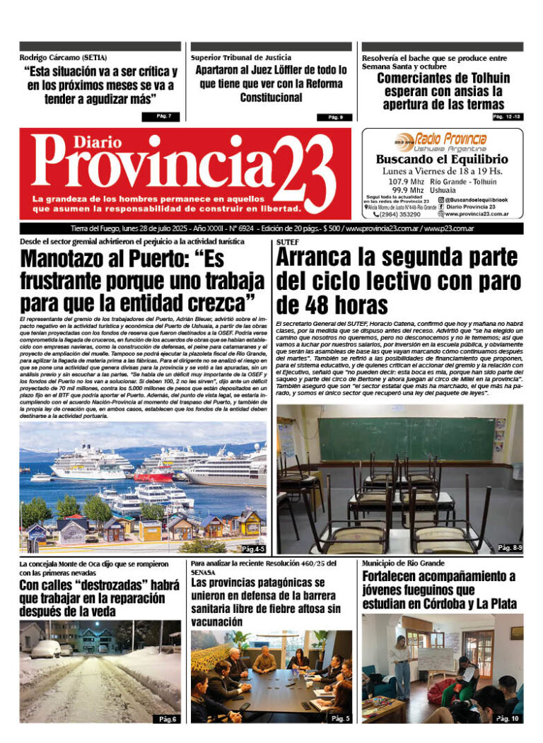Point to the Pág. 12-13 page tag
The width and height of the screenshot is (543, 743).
506,116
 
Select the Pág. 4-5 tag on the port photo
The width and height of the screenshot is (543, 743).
252,549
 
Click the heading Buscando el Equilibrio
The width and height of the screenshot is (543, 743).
441,159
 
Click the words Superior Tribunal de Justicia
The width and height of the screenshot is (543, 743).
240,57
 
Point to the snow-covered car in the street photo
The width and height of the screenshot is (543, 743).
46,649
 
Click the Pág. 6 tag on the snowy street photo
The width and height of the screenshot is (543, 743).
167,719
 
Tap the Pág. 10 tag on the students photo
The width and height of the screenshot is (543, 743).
508,718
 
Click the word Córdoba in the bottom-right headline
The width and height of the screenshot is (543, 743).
440,604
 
